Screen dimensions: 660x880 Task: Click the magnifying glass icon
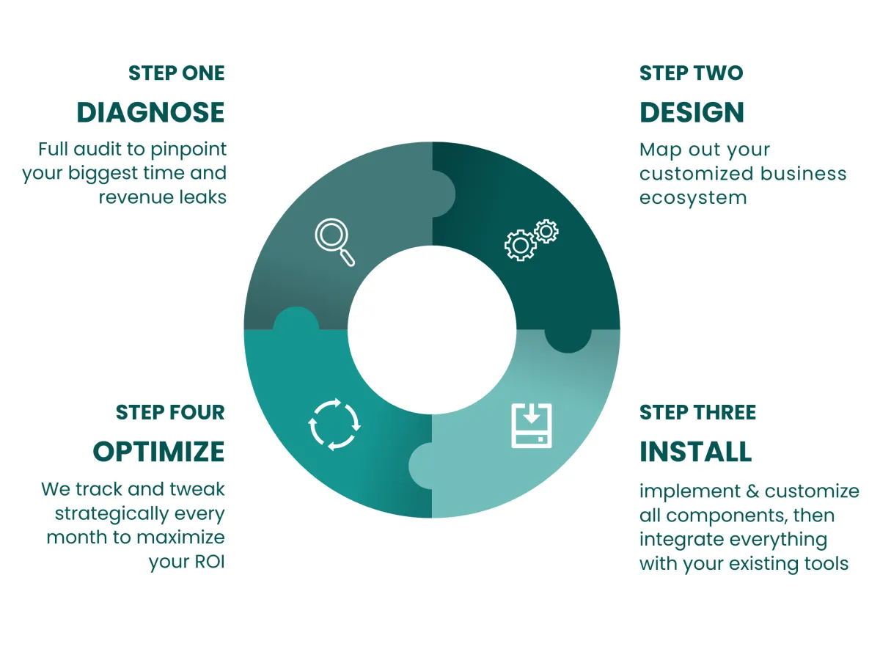point(334,241)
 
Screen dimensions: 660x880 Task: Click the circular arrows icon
point(334,424)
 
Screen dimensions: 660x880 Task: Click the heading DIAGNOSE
point(150,112)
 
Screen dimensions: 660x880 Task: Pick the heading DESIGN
point(692,112)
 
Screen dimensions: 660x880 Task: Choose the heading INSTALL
point(695,451)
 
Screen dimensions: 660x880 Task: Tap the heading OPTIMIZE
point(158,451)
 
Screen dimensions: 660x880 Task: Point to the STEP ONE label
point(176,73)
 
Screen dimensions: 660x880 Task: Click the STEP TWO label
point(691,73)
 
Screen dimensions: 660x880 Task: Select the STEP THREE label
point(697,412)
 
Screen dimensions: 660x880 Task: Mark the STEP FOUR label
point(170,412)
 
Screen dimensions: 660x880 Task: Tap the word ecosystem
point(692,197)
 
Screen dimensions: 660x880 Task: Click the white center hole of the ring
point(432,329)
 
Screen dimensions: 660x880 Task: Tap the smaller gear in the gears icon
point(546,232)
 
